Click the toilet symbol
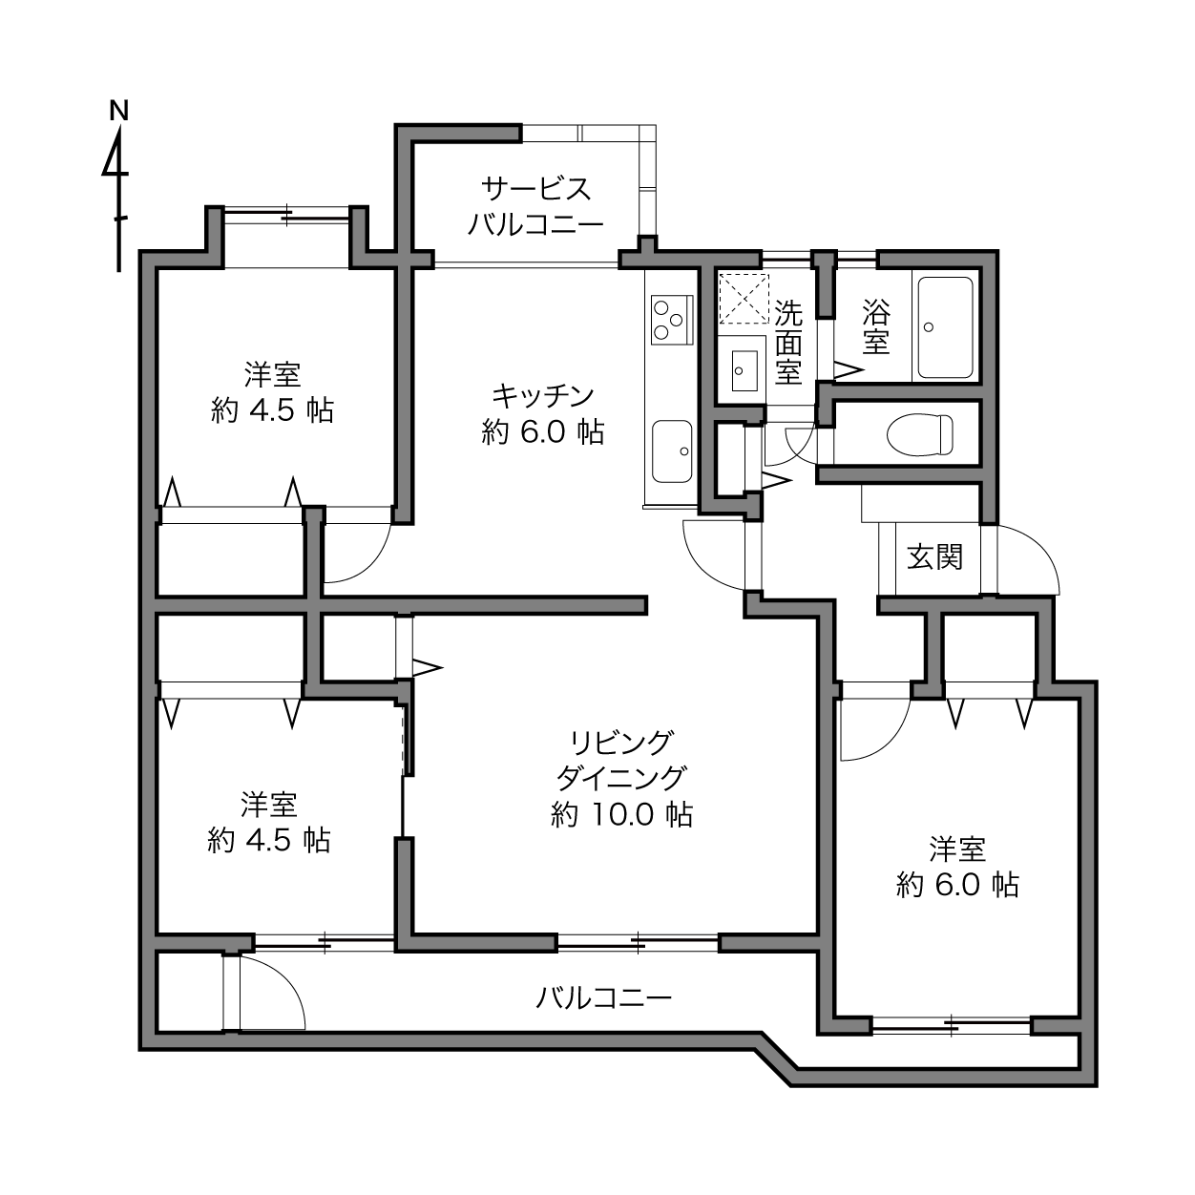click(920, 434)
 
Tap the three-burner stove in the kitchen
click(672, 320)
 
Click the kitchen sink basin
click(672, 451)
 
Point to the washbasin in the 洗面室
click(744, 370)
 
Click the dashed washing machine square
click(744, 299)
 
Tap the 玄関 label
click(935, 556)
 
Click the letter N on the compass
click(119, 111)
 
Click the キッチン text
click(543, 396)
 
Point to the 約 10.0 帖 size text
click(622, 814)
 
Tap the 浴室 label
click(876, 326)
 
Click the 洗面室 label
click(788, 342)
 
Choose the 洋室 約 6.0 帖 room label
click(957, 867)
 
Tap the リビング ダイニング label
click(621, 760)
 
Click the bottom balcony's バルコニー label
click(603, 998)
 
